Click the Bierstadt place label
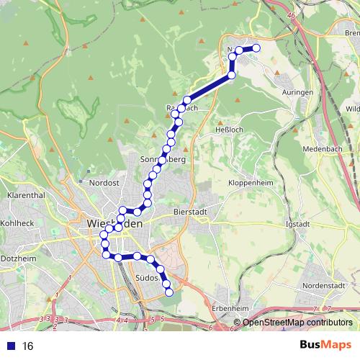(191, 212)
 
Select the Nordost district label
(104, 184)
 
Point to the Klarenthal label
(26, 195)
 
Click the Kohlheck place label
(17, 223)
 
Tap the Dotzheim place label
(17, 257)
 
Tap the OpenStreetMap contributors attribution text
(297, 323)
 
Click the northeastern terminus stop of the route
(256, 48)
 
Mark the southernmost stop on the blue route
(169, 292)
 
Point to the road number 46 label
(291, 14)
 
